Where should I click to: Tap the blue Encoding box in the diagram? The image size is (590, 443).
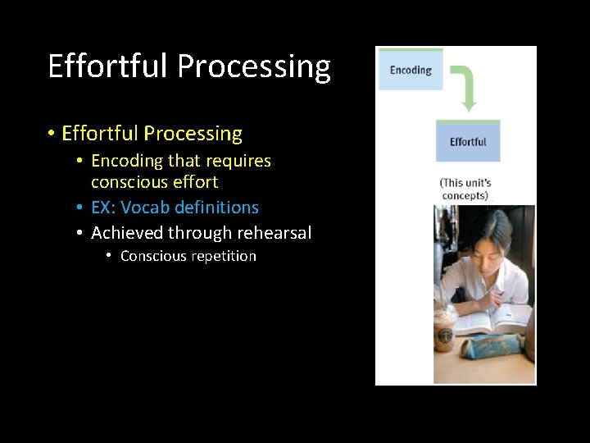click(x=410, y=70)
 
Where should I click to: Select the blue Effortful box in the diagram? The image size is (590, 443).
click(x=468, y=141)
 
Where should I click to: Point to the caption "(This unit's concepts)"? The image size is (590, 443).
click(x=465, y=189)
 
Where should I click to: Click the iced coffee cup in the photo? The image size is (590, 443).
click(x=445, y=328)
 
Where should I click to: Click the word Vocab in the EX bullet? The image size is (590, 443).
click(x=146, y=208)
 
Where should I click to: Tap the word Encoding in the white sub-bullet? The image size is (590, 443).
click(x=127, y=161)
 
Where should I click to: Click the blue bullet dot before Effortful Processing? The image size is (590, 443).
click(x=51, y=134)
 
